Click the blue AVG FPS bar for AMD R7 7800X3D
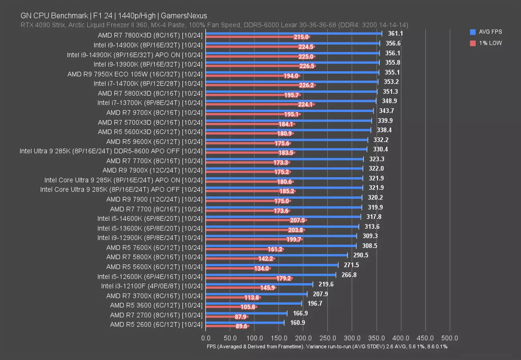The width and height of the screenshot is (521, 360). point(294,34)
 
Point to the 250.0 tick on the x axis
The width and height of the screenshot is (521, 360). point(328,338)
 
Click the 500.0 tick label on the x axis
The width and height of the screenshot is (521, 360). point(450,338)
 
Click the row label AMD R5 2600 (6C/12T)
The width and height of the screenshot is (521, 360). point(156,324)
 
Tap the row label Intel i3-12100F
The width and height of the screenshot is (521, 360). point(152,286)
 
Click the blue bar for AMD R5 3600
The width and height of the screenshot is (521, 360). point(254,304)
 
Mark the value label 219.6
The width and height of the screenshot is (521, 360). point(326,284)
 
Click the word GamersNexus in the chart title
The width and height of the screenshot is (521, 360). point(187,16)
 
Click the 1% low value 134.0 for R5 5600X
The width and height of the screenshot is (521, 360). point(261,268)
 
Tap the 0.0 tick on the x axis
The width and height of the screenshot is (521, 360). point(206,338)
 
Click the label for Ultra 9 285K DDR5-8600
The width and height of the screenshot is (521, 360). point(111,151)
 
